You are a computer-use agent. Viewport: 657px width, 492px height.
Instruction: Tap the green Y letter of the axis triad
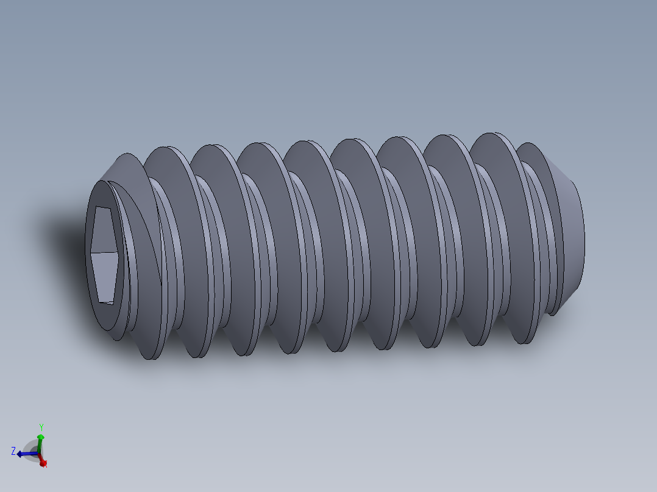(x=41, y=427)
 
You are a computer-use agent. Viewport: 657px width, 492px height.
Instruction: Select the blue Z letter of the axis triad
(x=13, y=451)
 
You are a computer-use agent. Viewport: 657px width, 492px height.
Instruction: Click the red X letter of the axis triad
(x=45, y=464)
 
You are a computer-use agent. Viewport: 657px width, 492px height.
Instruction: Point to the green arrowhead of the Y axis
(x=41, y=437)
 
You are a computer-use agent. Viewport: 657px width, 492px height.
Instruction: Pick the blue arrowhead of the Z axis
(x=21, y=454)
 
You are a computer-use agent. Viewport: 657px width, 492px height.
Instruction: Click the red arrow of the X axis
(x=42, y=461)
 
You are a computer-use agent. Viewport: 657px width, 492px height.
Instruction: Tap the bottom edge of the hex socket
(x=106, y=301)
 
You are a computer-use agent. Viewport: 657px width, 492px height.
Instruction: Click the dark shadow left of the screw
(x=61, y=237)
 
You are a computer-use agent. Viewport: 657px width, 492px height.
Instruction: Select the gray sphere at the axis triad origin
(x=34, y=451)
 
